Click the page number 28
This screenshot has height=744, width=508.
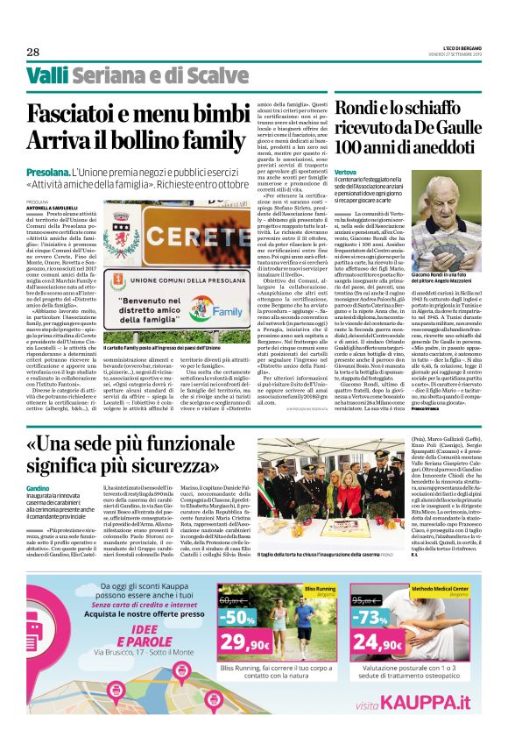(x=32, y=51)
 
